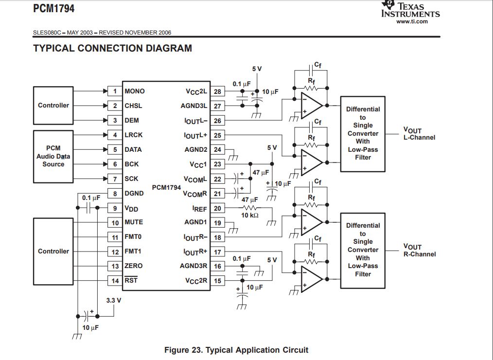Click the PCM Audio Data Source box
[x=53, y=156]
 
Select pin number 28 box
[x=217, y=91]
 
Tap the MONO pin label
[x=135, y=91]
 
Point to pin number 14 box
[x=115, y=281]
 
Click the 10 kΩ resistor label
[x=250, y=215]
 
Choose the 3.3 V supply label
[x=114, y=300]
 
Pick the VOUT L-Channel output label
[x=419, y=134]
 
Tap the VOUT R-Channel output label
[x=419, y=251]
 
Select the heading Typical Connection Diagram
[x=112, y=48]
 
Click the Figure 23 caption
[x=236, y=350]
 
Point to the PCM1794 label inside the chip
[x=166, y=187]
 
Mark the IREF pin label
[x=200, y=208]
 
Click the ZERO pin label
[x=134, y=266]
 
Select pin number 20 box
[x=217, y=208]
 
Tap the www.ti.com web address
[x=412, y=21]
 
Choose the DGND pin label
[x=134, y=193]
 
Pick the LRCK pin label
[x=134, y=135]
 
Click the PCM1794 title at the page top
[x=53, y=8]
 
